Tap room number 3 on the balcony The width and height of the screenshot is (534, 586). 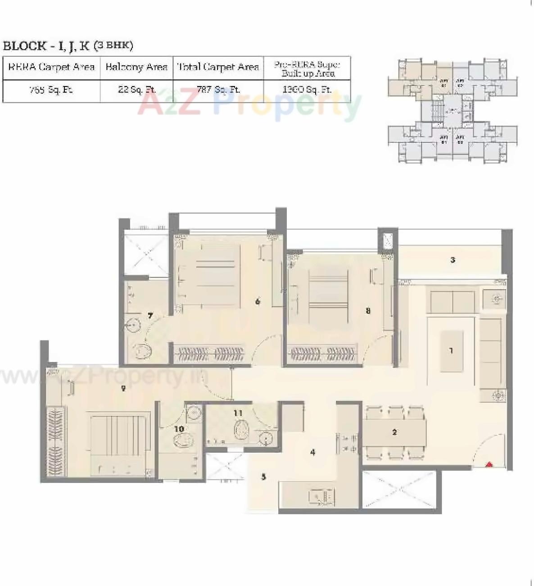tap(453, 259)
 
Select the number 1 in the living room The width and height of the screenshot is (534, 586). tap(451, 350)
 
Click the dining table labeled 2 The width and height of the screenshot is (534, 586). tap(394, 432)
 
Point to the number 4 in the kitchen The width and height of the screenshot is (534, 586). tap(312, 452)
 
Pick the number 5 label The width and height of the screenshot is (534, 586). tap(264, 477)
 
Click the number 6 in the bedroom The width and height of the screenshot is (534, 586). tap(258, 301)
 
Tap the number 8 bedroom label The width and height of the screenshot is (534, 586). tap(368, 310)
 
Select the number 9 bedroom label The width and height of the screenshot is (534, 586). tap(123, 388)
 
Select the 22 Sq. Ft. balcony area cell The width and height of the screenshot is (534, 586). tap(136, 90)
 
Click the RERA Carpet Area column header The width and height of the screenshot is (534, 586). tap(51, 68)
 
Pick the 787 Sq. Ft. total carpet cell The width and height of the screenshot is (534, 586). tap(218, 90)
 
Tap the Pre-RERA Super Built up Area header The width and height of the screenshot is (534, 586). tap(307, 68)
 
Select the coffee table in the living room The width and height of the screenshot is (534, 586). tap(452, 351)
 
